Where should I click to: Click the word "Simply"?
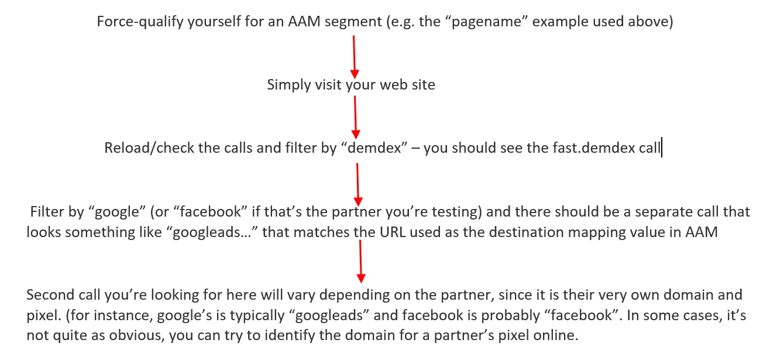(289, 85)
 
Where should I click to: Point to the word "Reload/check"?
(149, 148)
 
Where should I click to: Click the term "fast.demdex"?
(594, 148)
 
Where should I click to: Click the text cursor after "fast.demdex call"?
(662, 148)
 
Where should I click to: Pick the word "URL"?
(393, 232)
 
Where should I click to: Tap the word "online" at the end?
(555, 335)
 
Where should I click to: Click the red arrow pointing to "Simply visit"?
(355, 57)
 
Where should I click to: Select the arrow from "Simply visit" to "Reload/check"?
(355, 118)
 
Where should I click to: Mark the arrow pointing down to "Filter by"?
(358, 184)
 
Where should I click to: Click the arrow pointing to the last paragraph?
(360, 261)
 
